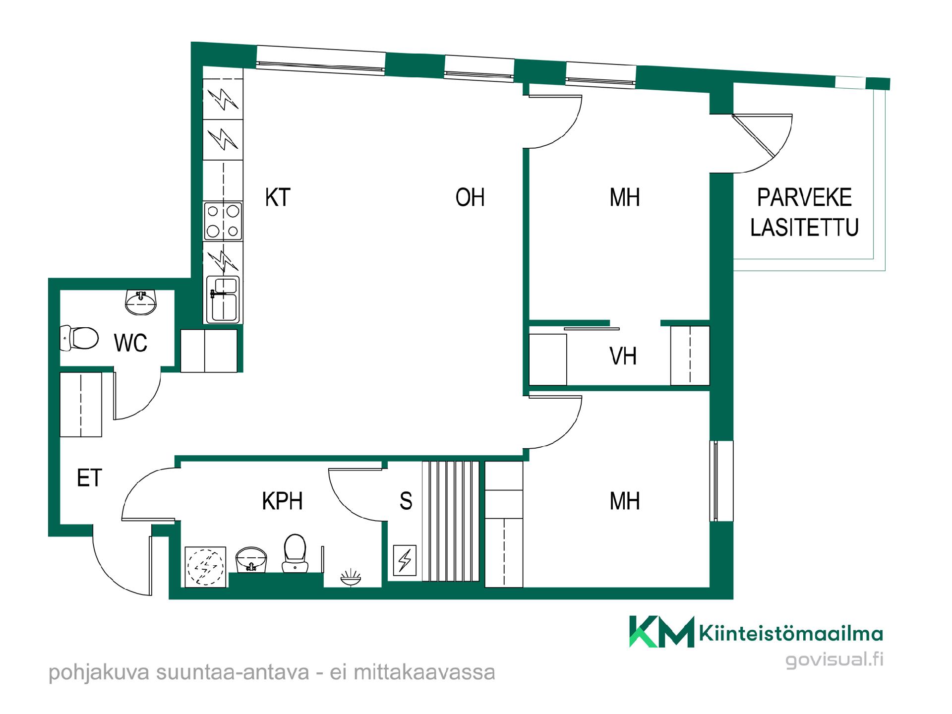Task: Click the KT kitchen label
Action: [278, 197]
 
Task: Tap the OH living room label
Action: [470, 197]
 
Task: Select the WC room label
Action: [131, 343]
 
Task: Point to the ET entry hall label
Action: [90, 478]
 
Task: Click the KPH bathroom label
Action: [282, 501]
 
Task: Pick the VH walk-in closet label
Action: [623, 356]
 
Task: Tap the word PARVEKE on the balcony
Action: [804, 197]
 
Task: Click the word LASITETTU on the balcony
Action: [804, 227]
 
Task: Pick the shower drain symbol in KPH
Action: [351, 577]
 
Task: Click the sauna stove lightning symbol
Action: [405, 560]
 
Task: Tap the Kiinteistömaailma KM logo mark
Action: [662, 632]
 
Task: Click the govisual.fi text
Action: [834, 659]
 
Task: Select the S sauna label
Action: [406, 501]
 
